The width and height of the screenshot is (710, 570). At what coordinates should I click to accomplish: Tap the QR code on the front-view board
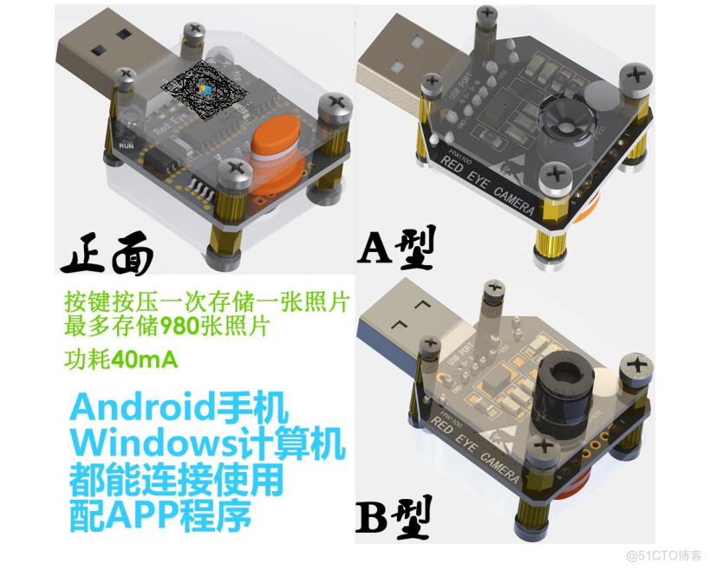205,93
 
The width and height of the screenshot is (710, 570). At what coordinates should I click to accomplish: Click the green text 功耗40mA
121,359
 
